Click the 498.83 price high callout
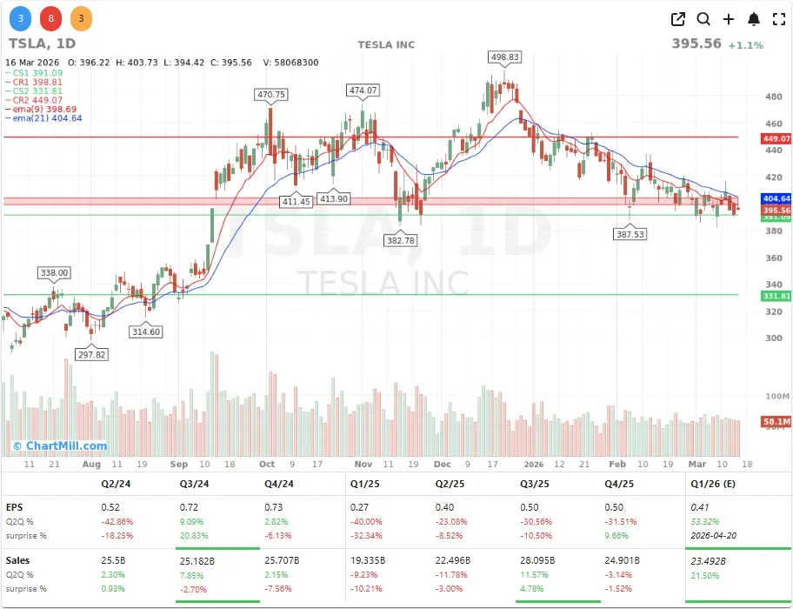[x=505, y=57]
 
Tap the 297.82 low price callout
[x=91, y=354]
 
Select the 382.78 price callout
[x=401, y=239]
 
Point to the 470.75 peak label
[x=271, y=94]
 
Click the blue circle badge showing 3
[x=21, y=17]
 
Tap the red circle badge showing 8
[x=50, y=17]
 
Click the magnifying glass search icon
[x=703, y=19]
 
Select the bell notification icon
[x=754, y=19]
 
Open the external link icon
[x=678, y=19]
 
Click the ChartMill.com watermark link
[x=59, y=446]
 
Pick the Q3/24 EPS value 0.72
[x=188, y=505]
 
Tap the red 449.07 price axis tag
[x=776, y=138]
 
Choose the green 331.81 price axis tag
[x=776, y=296]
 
